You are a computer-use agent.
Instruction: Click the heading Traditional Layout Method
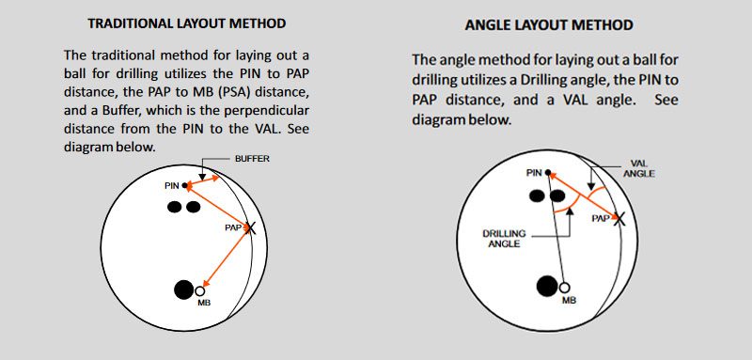click(x=187, y=23)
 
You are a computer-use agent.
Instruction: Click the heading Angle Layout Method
click(x=549, y=25)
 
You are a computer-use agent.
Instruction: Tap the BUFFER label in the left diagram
click(x=252, y=159)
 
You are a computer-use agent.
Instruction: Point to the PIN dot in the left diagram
click(x=185, y=185)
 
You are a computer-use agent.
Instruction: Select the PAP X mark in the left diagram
click(x=250, y=227)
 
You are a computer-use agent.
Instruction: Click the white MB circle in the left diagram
click(x=200, y=290)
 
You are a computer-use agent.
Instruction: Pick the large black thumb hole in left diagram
click(x=183, y=290)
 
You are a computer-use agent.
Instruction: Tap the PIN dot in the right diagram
click(x=548, y=172)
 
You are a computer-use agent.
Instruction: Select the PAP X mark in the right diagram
click(x=619, y=218)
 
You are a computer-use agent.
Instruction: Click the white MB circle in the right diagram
click(x=565, y=288)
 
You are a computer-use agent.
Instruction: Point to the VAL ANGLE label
click(x=639, y=169)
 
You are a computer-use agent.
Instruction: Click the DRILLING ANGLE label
click(x=504, y=238)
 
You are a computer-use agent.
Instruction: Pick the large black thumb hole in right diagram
click(x=547, y=286)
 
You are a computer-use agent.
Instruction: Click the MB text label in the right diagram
click(x=570, y=300)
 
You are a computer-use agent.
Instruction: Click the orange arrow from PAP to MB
click(x=226, y=257)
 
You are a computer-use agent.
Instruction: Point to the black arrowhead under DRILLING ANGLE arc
click(x=570, y=212)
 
